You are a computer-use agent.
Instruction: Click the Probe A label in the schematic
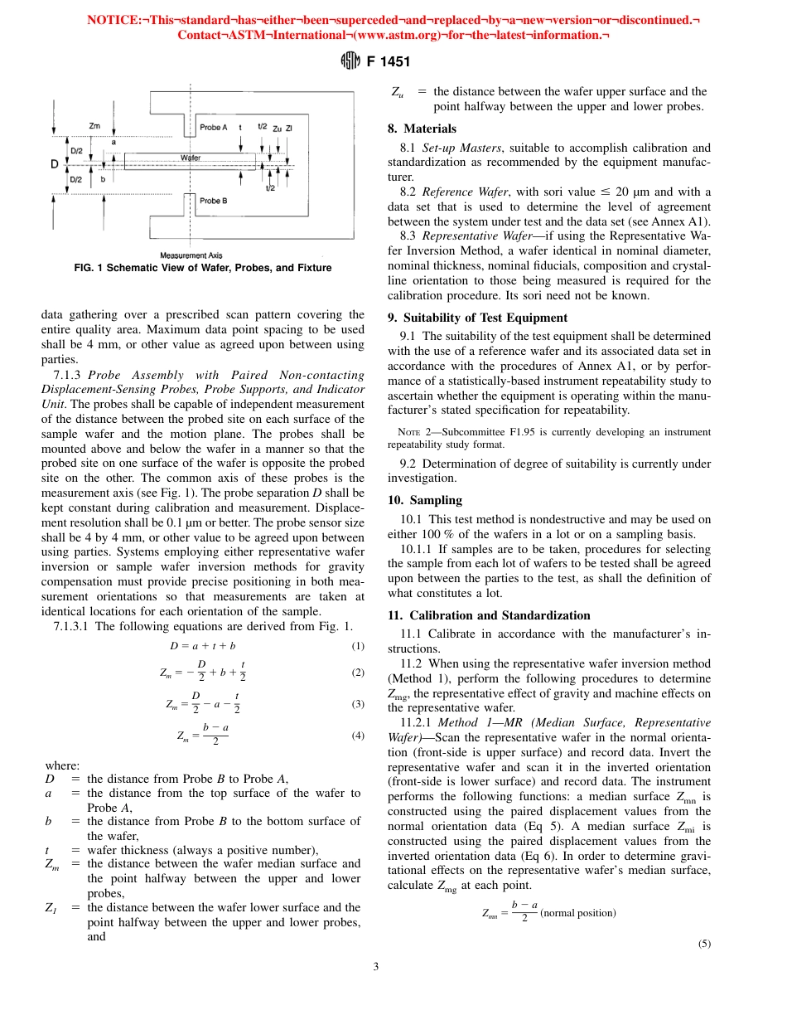[214, 127]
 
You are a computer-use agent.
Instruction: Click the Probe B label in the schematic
[214, 201]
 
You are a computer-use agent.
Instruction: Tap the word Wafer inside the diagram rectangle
[191, 157]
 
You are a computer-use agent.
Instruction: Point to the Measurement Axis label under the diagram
[191, 255]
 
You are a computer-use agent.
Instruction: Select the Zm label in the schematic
[94, 124]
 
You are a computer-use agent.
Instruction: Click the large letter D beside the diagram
[55, 164]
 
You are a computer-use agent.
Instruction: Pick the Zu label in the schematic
[277, 128]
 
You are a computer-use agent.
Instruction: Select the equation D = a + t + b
[203, 645]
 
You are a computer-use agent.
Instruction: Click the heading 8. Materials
[422, 129]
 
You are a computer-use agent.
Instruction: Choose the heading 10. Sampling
[425, 500]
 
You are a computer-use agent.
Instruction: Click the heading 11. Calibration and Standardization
[489, 615]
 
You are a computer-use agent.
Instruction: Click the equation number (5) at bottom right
[704, 943]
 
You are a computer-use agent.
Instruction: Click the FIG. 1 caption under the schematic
[191, 268]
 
